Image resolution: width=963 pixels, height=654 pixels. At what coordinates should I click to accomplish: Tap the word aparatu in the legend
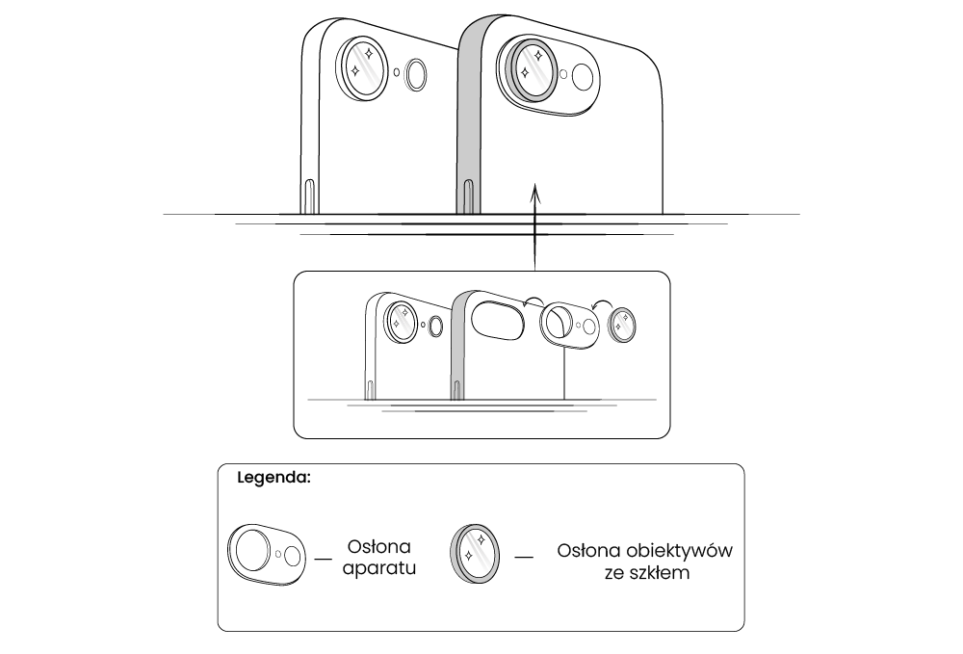point(379,568)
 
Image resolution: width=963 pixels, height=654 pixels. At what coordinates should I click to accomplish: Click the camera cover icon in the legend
point(266,555)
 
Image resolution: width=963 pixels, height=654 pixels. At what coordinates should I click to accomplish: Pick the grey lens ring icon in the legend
point(475,555)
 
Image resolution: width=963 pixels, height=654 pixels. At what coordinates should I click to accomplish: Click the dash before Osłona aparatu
point(324,557)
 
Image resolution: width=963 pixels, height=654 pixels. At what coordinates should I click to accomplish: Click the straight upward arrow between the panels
point(534,231)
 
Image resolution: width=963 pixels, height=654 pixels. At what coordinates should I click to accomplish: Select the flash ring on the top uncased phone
point(417,75)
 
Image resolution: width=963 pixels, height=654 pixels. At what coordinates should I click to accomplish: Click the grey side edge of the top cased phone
point(467,116)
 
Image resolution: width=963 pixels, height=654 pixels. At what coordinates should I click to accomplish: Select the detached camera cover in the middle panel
point(569,325)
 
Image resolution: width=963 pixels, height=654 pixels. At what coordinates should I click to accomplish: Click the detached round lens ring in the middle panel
point(623,326)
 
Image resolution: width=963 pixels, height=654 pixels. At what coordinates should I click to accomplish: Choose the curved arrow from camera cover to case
point(534,301)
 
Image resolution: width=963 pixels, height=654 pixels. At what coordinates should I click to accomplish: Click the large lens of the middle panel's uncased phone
point(401,319)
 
